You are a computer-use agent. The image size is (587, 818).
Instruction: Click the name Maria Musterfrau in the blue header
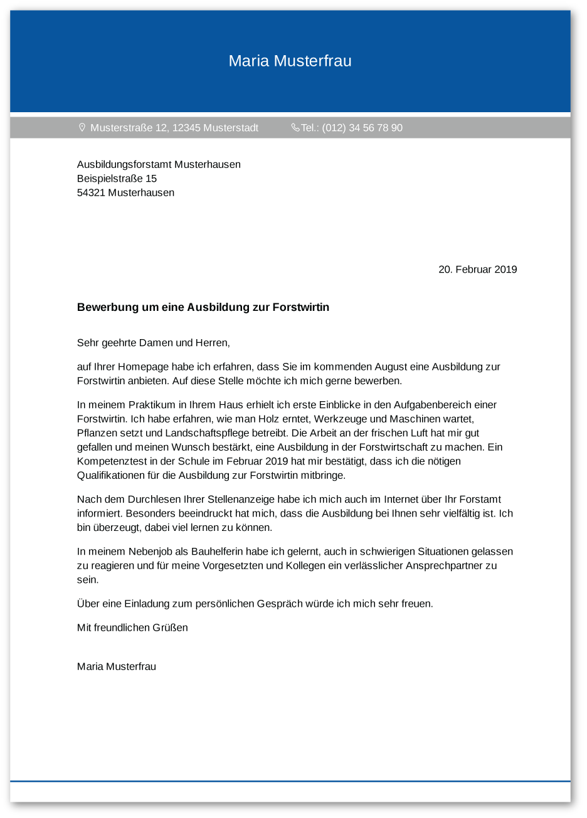[290, 61]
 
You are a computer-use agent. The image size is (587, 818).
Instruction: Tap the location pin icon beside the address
[82, 127]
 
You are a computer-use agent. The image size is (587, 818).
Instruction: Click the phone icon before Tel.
[295, 127]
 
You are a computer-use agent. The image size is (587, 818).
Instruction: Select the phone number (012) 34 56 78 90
[362, 128]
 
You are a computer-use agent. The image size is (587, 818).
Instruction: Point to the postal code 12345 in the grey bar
[186, 128]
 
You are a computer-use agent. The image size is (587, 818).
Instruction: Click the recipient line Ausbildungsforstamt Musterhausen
[159, 164]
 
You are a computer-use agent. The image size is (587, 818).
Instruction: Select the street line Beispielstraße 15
[117, 179]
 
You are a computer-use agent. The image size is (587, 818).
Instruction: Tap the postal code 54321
[91, 192]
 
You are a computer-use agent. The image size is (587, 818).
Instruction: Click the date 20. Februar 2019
[477, 270]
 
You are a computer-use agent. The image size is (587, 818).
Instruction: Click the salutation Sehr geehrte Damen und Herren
[154, 343]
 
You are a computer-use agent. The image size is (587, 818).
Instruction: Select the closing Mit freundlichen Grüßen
[132, 627]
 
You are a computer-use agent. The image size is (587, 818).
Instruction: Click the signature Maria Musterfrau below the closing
[117, 666]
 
